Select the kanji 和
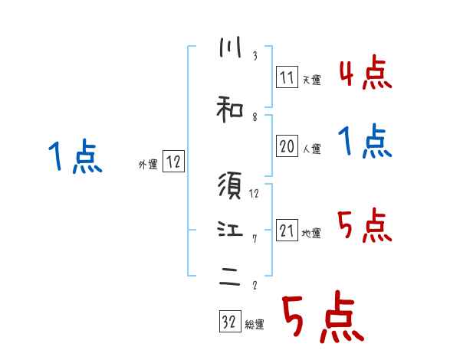pos(229,110)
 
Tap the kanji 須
pos(229,185)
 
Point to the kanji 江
pos(229,229)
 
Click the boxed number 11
pos(287,77)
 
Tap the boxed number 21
pos(287,231)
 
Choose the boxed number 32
pos(229,322)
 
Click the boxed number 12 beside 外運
pos(173,162)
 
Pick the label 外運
pos(148,165)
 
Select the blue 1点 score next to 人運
pos(366,142)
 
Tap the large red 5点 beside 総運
pos(322,318)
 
